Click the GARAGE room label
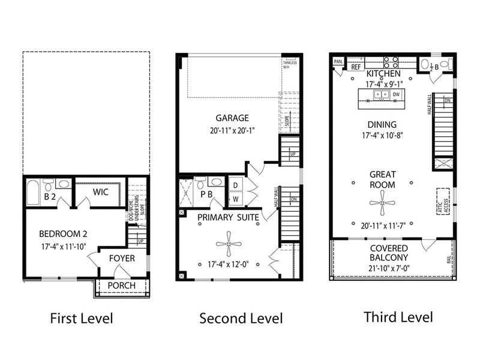click(x=233, y=118)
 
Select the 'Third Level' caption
click(x=398, y=316)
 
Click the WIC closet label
click(x=100, y=192)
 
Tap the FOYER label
click(x=121, y=259)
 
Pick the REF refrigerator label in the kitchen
click(x=356, y=67)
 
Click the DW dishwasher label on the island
click(x=396, y=95)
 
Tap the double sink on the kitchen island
click(x=380, y=95)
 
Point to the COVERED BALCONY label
click(x=388, y=253)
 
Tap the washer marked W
click(x=236, y=198)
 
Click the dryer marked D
click(x=236, y=185)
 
